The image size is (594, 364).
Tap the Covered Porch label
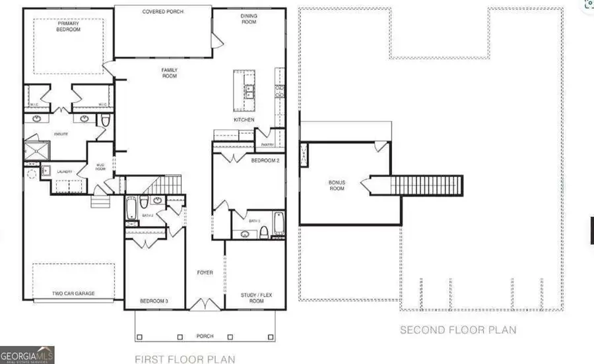pyautogui.click(x=163, y=12)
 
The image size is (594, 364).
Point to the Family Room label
pyautogui.click(x=170, y=73)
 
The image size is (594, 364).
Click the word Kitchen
pyautogui.click(x=244, y=120)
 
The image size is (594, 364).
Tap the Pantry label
pyautogui.click(x=267, y=143)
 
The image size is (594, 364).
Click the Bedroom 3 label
pyautogui.click(x=154, y=301)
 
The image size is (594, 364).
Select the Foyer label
pyautogui.click(x=205, y=272)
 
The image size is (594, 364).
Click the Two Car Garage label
pyautogui.click(x=74, y=293)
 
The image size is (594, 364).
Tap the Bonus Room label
pyautogui.click(x=337, y=185)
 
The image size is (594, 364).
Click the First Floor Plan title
pyautogui.click(x=185, y=359)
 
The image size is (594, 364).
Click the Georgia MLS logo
pyautogui.click(x=27, y=355)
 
